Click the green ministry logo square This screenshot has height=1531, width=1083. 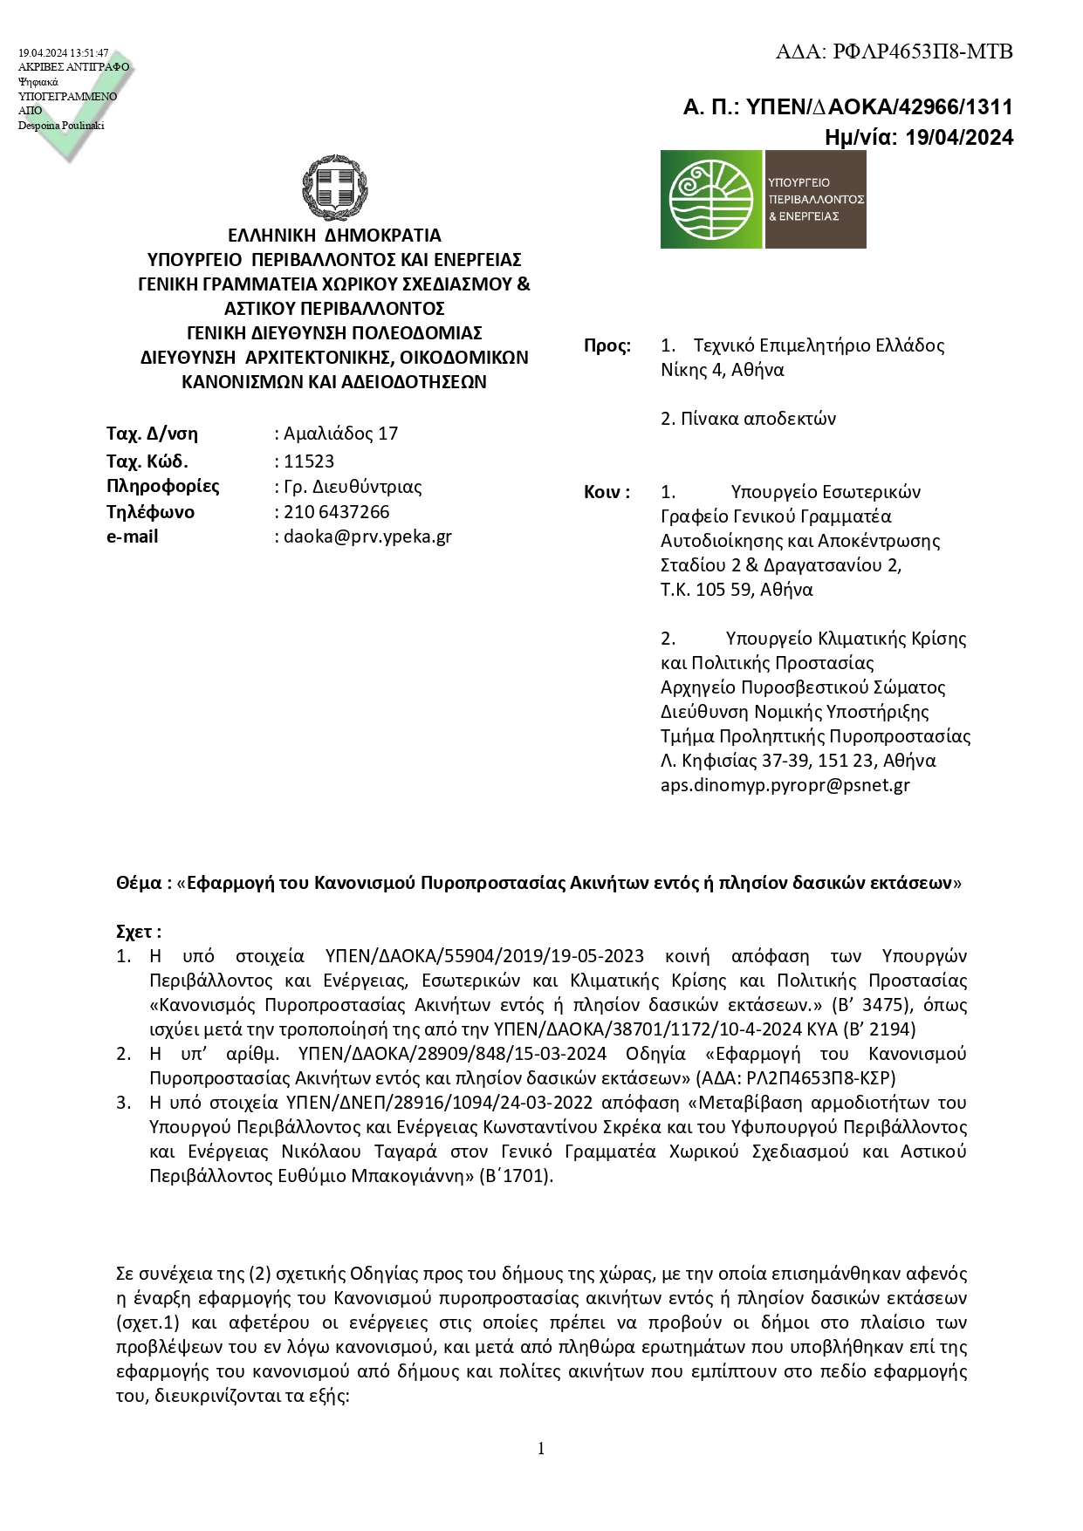point(712,199)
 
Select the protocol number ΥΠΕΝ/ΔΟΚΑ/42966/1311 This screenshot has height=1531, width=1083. point(881,107)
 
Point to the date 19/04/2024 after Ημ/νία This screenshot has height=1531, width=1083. point(959,137)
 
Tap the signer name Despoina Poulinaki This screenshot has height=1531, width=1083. point(61,126)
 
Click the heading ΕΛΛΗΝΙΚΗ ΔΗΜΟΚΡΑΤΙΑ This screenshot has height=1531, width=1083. point(334,236)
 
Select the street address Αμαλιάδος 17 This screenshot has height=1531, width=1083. point(340,434)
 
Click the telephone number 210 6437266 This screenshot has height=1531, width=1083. point(337,512)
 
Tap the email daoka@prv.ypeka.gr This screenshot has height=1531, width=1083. point(367,537)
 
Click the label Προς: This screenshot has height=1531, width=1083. point(607,345)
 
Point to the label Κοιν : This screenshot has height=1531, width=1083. point(607,492)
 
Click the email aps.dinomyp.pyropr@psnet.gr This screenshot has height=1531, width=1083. point(785,784)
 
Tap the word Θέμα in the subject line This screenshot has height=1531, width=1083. point(138,883)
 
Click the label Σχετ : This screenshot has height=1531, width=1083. point(138,932)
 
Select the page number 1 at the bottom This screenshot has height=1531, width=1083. point(541,1449)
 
